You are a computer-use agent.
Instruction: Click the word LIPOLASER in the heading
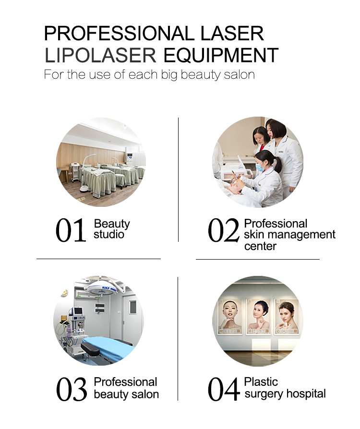point(100,56)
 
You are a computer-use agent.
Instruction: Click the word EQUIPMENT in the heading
point(221,56)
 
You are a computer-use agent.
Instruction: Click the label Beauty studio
point(112,229)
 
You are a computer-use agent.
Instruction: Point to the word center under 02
point(260,246)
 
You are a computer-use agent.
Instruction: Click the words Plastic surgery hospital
point(285,388)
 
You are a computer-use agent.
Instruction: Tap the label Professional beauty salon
point(126,388)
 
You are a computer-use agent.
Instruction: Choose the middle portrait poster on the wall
point(260,316)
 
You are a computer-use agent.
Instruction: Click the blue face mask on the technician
point(259,167)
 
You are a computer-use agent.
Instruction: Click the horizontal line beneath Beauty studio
point(98,259)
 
